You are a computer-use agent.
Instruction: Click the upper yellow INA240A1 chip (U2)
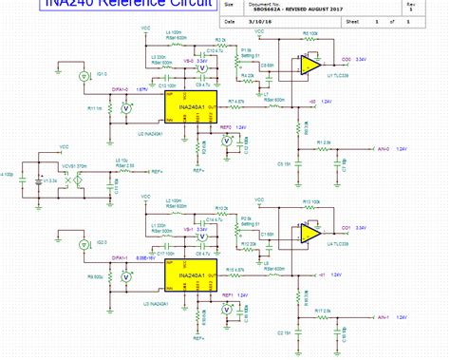[x=190, y=107]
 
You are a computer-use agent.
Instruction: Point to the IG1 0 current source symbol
[x=84, y=73]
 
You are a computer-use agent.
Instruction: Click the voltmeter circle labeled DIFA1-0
[x=127, y=108]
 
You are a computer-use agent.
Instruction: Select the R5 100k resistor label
[x=311, y=33]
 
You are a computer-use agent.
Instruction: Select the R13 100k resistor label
[x=311, y=202]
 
